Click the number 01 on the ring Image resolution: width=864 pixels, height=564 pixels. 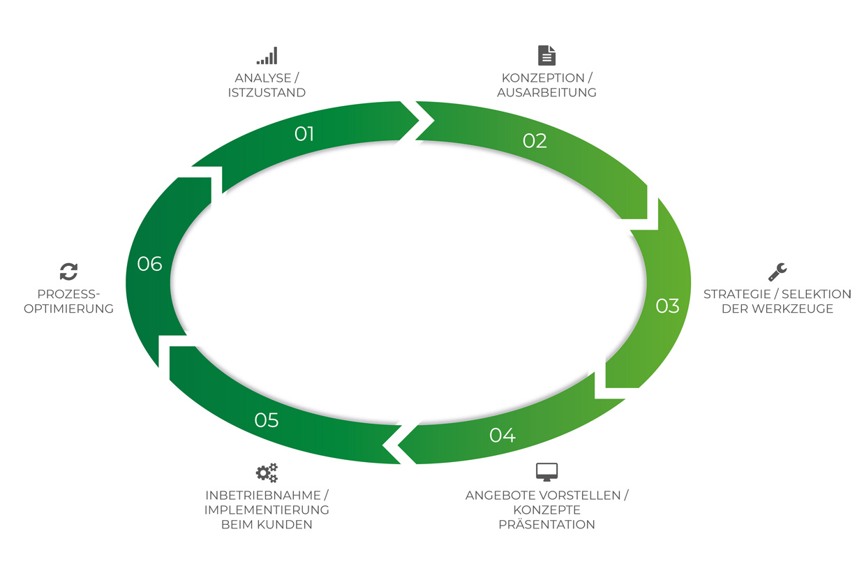(304, 133)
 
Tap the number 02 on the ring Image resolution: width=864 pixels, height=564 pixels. (535, 140)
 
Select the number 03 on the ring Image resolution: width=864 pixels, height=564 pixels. (667, 306)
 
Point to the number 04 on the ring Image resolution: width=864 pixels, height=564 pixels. (502, 436)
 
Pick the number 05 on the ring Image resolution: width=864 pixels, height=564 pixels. (267, 420)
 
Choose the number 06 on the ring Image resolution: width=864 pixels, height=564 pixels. (149, 264)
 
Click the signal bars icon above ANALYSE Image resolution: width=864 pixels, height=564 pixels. (267, 56)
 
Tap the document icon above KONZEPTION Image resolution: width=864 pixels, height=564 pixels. (546, 55)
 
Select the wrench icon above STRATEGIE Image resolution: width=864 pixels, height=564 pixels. (777, 272)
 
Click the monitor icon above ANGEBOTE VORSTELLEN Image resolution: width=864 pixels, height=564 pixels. (546, 472)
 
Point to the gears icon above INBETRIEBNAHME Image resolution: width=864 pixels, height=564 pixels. (267, 473)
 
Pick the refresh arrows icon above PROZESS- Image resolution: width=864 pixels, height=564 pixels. (68, 272)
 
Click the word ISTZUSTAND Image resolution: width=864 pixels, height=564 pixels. (267, 93)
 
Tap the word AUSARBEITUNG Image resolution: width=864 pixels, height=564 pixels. (546, 93)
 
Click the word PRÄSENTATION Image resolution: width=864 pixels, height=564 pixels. (546, 525)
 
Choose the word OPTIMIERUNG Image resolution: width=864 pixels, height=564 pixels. (68, 309)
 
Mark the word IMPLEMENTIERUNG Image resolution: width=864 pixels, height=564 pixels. (267, 510)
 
